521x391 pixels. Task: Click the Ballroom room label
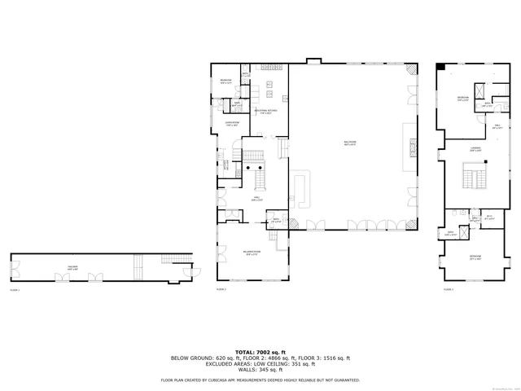click(351, 143)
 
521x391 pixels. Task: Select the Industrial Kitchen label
click(261, 112)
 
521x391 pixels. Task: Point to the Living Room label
click(232, 125)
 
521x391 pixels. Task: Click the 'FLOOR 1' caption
click(15, 289)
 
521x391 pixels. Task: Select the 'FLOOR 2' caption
click(221, 289)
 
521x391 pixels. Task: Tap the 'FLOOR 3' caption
click(449, 289)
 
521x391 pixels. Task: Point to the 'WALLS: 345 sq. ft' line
click(260, 370)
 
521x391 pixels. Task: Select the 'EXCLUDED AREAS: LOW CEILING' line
click(260, 364)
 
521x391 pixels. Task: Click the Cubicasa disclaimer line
click(260, 380)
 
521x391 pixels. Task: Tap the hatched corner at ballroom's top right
click(413, 72)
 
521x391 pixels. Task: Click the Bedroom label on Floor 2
click(225, 81)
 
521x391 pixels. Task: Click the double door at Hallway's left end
click(15, 266)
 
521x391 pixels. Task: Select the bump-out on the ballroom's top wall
click(314, 61)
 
